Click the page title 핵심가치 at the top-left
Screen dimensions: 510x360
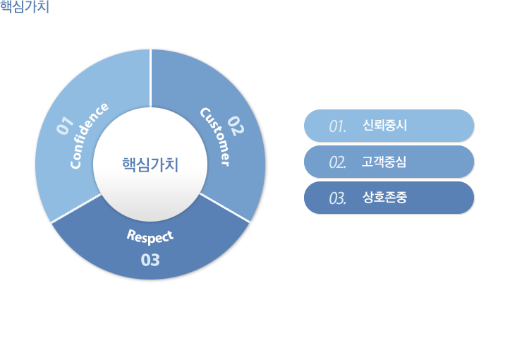pos(25,7)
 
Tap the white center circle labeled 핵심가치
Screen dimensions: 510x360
pos(150,164)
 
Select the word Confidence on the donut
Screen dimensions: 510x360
pos(89,136)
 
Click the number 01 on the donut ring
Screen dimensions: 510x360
pos(66,126)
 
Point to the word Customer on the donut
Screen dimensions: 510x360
pos(215,137)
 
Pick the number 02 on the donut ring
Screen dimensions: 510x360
pos(236,126)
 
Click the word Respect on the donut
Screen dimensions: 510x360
pos(150,236)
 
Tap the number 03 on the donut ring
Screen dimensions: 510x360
pos(150,260)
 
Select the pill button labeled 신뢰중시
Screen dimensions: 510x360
pos(389,126)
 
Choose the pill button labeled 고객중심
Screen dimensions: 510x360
pos(389,162)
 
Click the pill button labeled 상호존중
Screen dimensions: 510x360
pos(389,198)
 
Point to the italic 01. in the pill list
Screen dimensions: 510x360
pos(338,126)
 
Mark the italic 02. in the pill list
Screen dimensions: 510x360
pos(338,162)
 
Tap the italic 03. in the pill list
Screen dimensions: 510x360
pos(338,198)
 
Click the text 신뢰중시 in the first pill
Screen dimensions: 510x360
pos(384,126)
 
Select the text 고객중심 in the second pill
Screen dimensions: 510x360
pos(384,162)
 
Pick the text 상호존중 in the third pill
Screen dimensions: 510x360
pos(384,197)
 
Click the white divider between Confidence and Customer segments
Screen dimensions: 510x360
pos(150,78)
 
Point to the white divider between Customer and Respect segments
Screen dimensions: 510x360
pos(225,208)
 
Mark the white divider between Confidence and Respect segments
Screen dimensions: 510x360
pos(76,208)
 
